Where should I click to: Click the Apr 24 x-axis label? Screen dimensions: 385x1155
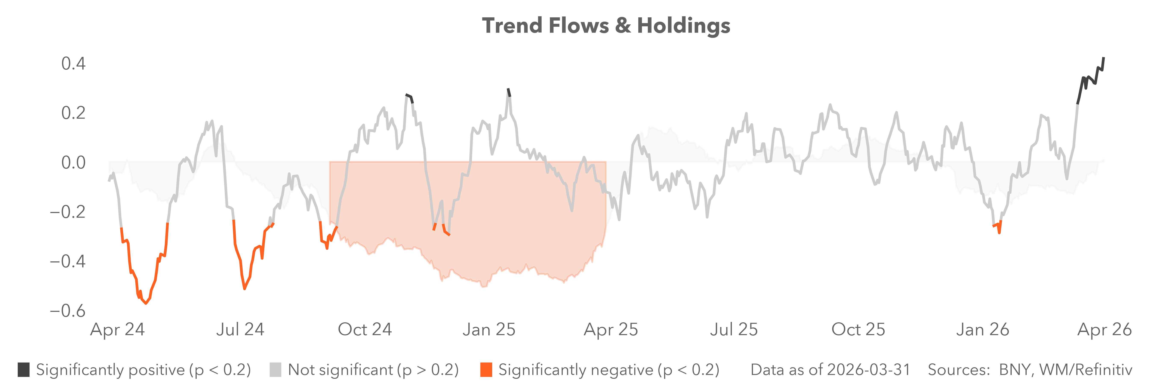(x=117, y=329)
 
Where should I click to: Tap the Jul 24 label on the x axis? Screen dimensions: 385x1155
(x=240, y=329)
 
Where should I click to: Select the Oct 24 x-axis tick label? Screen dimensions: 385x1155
(x=364, y=329)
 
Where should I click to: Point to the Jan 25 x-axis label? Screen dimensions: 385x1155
(x=489, y=329)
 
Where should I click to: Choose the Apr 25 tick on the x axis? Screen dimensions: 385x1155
(x=611, y=329)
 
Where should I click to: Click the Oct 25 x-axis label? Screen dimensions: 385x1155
(x=858, y=329)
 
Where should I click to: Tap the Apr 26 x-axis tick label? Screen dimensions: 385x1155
(x=1104, y=329)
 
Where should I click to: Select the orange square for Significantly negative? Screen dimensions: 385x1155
(x=486, y=370)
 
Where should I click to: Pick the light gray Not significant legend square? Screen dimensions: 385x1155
(x=275, y=370)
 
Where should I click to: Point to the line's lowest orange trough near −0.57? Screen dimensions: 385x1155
(x=146, y=304)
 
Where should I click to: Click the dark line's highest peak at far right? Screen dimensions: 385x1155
(x=1103, y=58)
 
